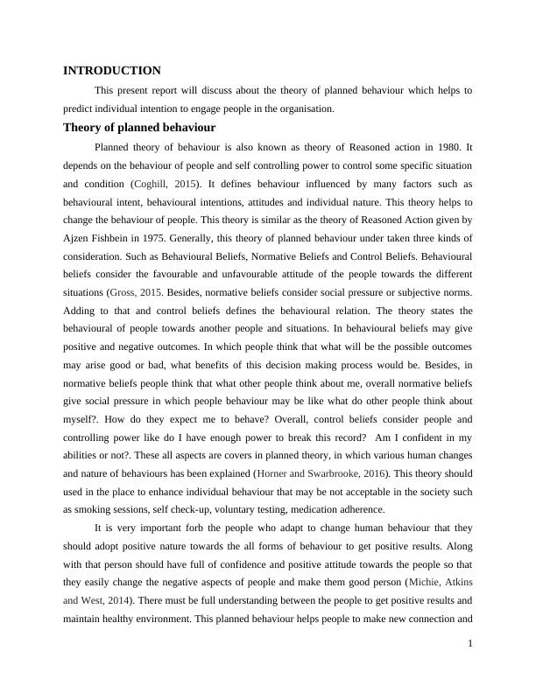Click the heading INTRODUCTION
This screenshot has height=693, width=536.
pyautogui.click(x=112, y=70)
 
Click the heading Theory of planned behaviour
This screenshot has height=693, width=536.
pyautogui.click(x=139, y=127)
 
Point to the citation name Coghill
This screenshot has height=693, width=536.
pyautogui.click(x=154, y=185)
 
